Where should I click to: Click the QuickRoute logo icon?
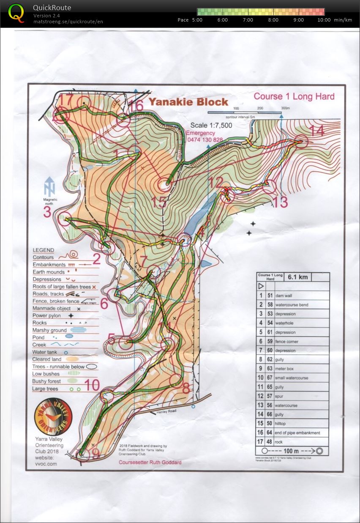[x=16, y=13]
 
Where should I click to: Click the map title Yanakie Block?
[x=188, y=102]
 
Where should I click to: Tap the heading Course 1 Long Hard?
[x=294, y=96]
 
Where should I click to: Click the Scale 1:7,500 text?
[x=211, y=126]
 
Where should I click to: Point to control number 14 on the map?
[x=316, y=131]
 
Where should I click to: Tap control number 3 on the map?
[x=47, y=212]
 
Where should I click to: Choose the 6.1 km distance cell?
[x=298, y=277]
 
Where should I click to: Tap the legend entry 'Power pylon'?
[x=46, y=315]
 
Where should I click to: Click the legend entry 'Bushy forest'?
[x=46, y=381]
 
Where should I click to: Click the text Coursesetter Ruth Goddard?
[x=150, y=463]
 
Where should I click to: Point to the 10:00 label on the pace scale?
[x=324, y=20]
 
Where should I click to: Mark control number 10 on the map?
[x=92, y=385]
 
